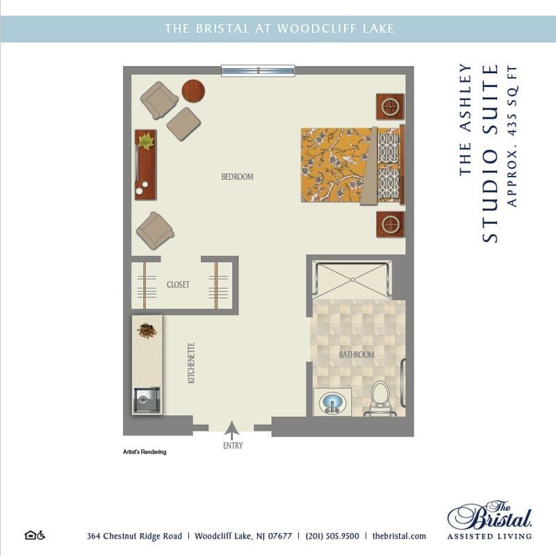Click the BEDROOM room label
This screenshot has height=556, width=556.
(x=237, y=177)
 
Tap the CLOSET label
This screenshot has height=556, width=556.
(x=178, y=285)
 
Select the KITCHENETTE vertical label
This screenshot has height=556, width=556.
(x=191, y=363)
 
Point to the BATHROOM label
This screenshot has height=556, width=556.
(x=357, y=355)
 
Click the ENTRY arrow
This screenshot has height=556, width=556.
(x=233, y=430)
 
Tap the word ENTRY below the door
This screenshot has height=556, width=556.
(x=233, y=445)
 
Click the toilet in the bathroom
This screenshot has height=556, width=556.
(x=379, y=400)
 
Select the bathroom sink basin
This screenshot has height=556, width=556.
(x=332, y=402)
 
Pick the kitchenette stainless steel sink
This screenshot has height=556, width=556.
(x=147, y=400)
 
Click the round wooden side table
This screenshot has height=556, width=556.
(x=194, y=90)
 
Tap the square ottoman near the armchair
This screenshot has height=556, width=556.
(x=183, y=124)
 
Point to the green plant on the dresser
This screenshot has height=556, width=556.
(x=146, y=141)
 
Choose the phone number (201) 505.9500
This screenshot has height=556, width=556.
(x=332, y=536)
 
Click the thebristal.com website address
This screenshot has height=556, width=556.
(x=399, y=536)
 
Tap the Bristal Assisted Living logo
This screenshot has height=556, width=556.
(x=490, y=520)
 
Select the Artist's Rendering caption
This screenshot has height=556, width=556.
(x=145, y=452)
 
